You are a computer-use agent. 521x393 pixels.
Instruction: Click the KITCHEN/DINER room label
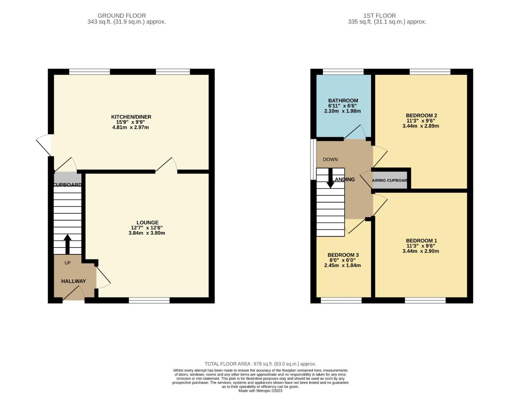[131, 117]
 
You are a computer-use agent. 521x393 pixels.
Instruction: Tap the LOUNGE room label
[148, 222]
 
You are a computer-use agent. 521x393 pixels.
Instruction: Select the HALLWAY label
[73, 281]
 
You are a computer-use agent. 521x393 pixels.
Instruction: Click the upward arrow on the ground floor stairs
[68, 244]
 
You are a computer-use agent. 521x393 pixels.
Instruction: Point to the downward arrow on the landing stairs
[330, 178]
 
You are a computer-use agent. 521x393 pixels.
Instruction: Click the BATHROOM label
[343, 100]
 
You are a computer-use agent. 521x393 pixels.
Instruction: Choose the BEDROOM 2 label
[421, 115]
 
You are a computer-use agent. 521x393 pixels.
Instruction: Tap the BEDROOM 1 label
[421, 241]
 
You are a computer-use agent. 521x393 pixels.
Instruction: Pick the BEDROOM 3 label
[343, 255]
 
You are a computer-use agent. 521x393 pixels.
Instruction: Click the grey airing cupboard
[389, 180]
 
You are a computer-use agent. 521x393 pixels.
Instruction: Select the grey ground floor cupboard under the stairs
[68, 178]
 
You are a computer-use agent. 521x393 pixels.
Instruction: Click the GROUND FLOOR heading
[122, 16]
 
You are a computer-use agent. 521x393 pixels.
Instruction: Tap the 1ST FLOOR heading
[379, 16]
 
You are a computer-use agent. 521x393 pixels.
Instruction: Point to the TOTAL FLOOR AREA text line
[260, 364]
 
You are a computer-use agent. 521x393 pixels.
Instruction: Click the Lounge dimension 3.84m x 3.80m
[147, 233]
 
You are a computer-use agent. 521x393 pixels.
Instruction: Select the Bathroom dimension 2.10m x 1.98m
[342, 111]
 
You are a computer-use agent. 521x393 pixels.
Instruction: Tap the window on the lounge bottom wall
[149, 300]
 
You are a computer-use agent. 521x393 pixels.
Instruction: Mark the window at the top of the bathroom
[343, 72]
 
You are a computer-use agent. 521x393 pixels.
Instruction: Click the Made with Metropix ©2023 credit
[260, 390]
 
